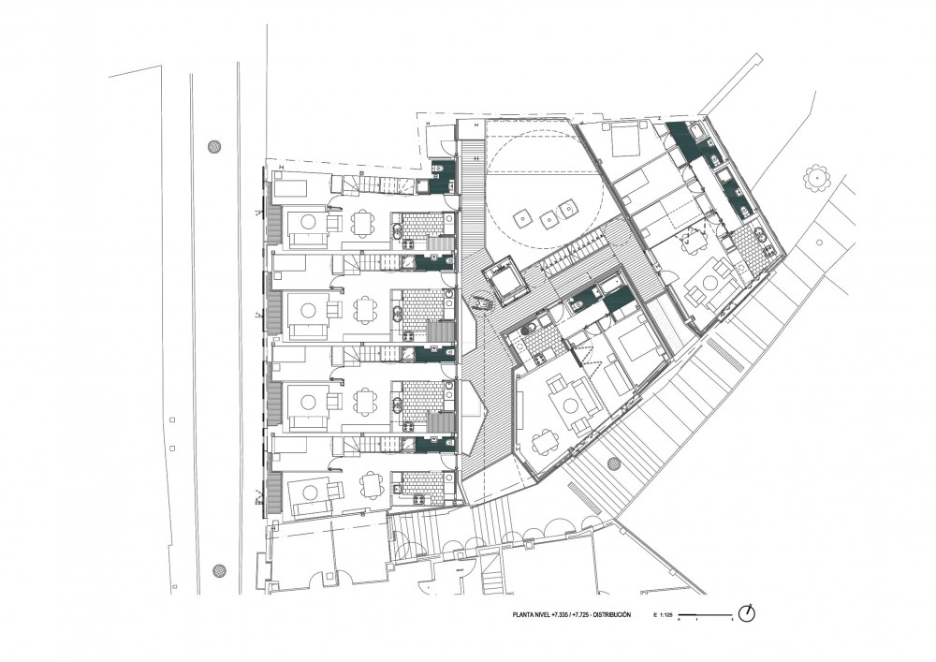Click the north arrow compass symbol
pyautogui.click(x=746, y=613)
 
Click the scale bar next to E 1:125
pyautogui.click(x=704, y=614)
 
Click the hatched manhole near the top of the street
pyautogui.click(x=215, y=146)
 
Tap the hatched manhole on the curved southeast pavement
pyautogui.click(x=614, y=463)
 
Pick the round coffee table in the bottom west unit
pyautogui.click(x=309, y=489)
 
